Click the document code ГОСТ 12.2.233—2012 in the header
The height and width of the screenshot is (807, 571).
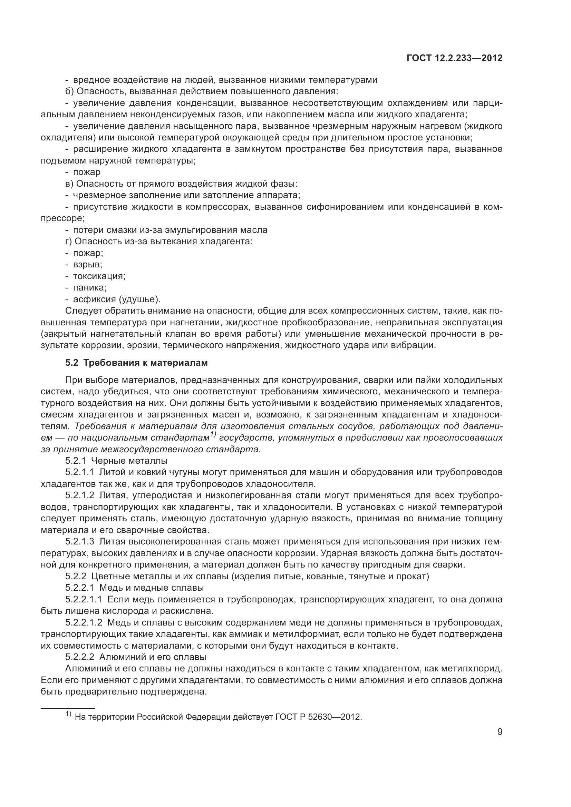pyautogui.click(x=454, y=58)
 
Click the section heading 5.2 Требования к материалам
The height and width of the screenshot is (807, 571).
pyautogui.click(x=136, y=363)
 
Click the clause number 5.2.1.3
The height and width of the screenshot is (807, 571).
pyautogui.click(x=80, y=542)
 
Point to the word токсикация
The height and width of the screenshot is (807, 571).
pyautogui.click(x=99, y=276)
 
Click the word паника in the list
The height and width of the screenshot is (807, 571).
pyautogui.click(x=89, y=287)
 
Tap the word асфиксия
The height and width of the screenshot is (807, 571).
pyautogui.click(x=94, y=299)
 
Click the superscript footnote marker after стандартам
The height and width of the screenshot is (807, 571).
pyautogui.click(x=213, y=435)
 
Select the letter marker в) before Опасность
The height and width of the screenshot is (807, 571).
pyautogui.click(x=69, y=184)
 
